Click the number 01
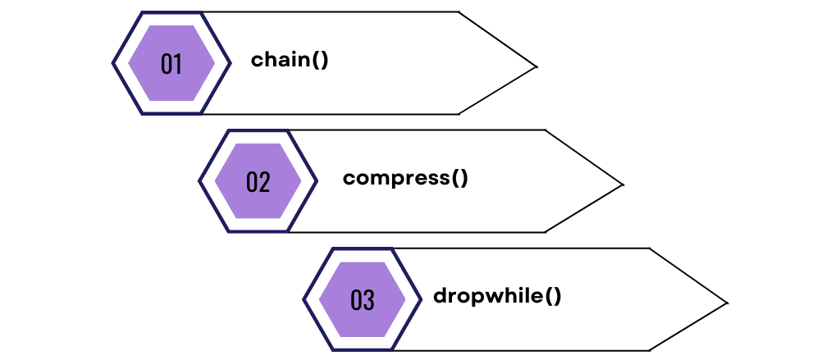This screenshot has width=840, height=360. [x=171, y=64]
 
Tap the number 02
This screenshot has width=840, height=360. [x=258, y=181]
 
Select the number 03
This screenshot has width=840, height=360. [x=362, y=300]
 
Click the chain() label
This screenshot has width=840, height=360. [x=290, y=60]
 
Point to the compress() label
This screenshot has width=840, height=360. [x=405, y=178]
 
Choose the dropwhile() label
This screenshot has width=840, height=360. [x=497, y=295]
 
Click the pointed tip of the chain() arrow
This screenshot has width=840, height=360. [x=536, y=66]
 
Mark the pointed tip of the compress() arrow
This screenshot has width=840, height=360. [x=623, y=185]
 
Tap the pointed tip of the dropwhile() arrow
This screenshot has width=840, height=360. [x=728, y=303]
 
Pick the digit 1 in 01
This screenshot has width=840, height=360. [x=177, y=64]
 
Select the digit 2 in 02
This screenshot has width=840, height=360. [x=264, y=181]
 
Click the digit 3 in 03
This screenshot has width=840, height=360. [x=368, y=300]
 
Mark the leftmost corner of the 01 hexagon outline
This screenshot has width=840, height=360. [x=112, y=63]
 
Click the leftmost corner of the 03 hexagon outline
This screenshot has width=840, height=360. [x=304, y=299]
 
